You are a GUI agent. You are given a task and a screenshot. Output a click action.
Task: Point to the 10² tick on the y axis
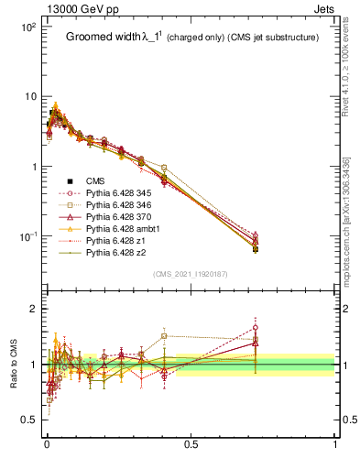[x=27, y=27]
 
